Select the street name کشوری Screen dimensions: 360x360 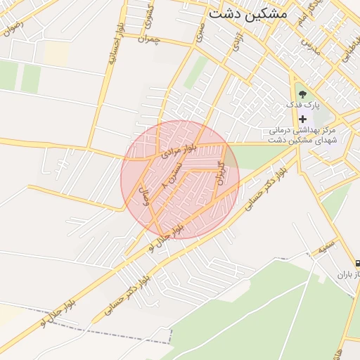pos(149,27)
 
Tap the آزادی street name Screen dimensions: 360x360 pos(238,40)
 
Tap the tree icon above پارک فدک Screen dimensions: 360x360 pos(302,92)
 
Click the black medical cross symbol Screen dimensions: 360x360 pos(303,119)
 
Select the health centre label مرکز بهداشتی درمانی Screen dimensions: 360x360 pos(303,130)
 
